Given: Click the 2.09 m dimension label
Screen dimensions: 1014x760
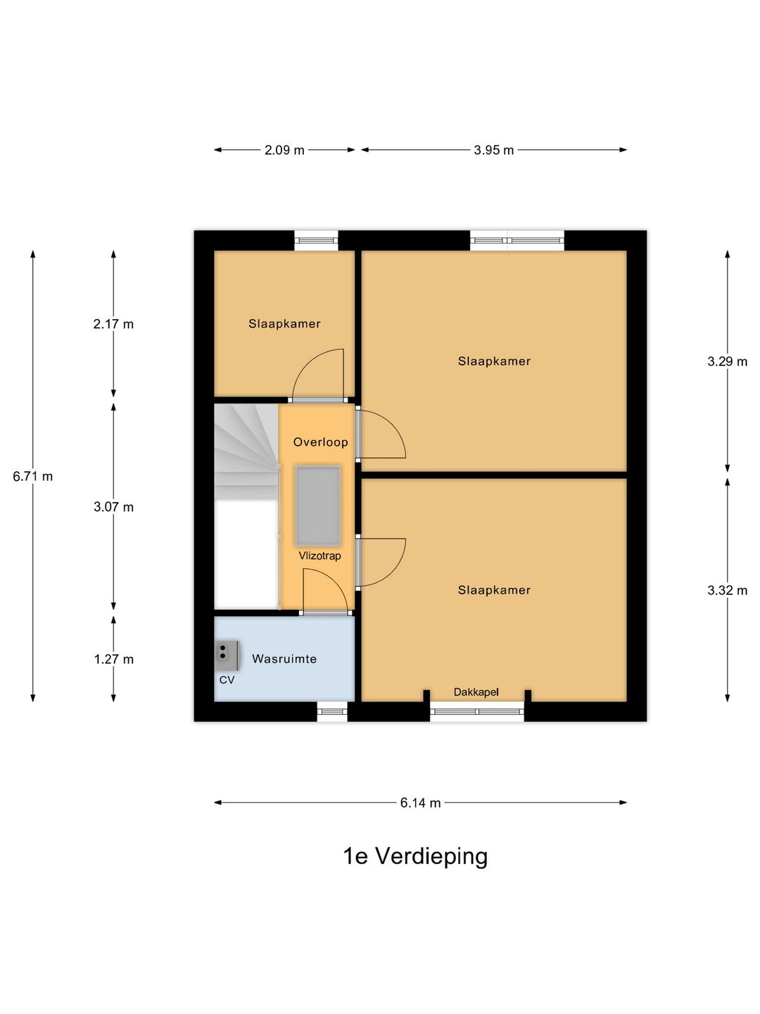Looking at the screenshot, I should point(284,150).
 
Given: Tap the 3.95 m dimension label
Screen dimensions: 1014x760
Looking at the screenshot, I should point(493,150).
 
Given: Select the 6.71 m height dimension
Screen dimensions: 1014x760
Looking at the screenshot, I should point(32,477).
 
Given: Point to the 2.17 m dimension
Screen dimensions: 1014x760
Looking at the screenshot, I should point(113,325).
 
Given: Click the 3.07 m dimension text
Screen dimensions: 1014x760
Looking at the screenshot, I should point(113,507).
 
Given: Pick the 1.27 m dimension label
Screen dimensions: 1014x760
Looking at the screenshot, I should point(113,660).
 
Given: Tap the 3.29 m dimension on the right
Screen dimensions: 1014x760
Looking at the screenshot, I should point(727,362).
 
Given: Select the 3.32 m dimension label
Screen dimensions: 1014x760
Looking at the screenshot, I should point(727,591).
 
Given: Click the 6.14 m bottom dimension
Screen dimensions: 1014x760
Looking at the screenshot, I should point(420,803).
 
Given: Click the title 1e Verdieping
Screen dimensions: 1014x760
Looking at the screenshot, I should point(415,856).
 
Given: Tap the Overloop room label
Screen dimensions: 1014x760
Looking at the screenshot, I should point(320,442).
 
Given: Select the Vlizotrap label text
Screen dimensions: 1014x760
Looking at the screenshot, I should point(319,556).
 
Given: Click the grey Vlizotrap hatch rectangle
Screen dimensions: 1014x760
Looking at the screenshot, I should point(318,505).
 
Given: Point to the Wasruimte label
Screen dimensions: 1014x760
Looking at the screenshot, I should point(284,659).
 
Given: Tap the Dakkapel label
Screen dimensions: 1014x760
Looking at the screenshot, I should point(476,692).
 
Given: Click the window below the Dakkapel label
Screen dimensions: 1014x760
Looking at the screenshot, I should point(477,711).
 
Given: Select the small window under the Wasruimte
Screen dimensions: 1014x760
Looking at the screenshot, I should point(332,711).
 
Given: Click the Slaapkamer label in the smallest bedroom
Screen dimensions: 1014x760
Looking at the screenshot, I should point(284,324).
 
